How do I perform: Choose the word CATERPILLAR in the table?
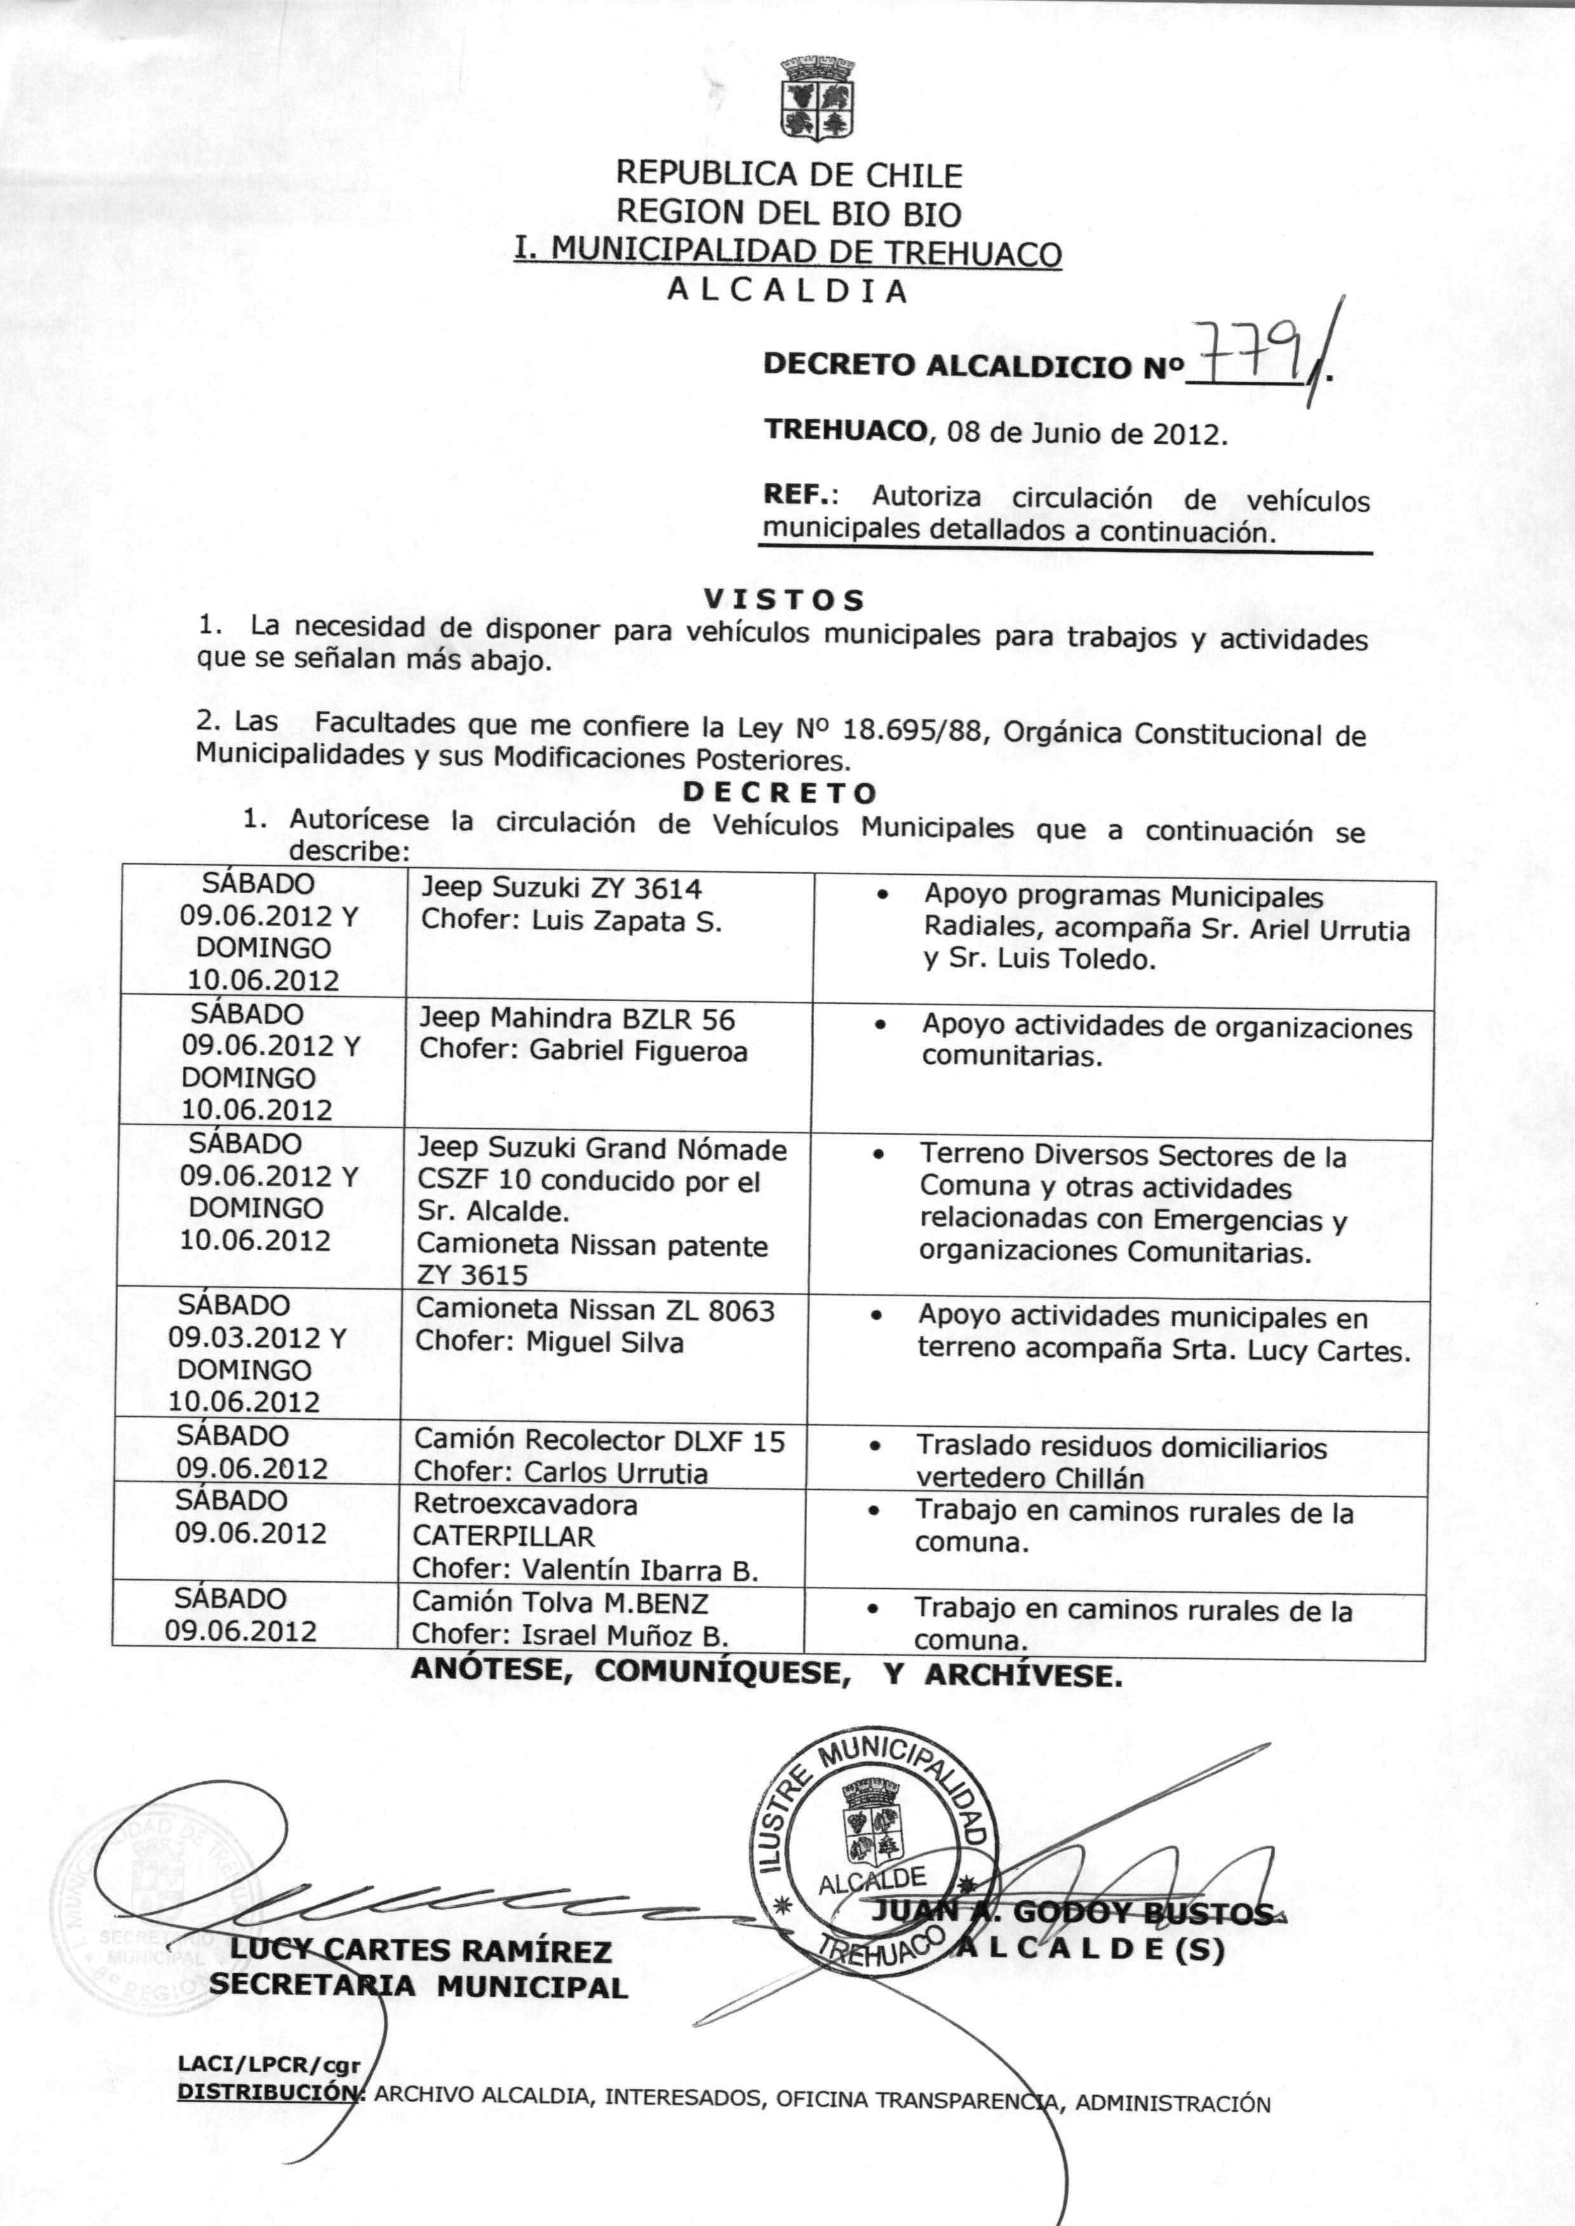pos(504,1537)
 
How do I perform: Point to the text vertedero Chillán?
pos(1030,1478)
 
